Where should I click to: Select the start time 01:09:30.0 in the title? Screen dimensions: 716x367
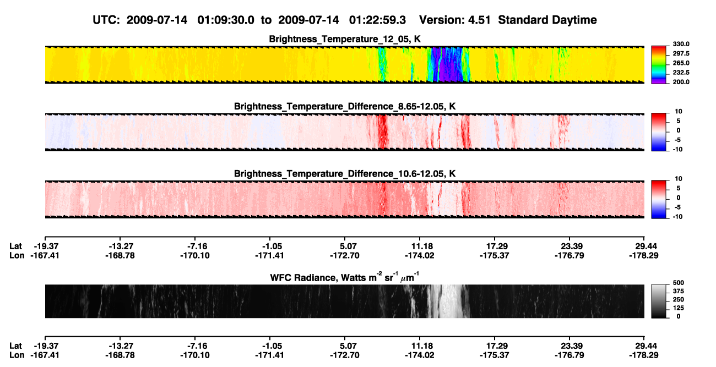(226, 20)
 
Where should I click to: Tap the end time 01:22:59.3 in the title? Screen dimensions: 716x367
(377, 20)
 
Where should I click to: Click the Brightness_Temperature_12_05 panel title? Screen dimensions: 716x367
(345, 39)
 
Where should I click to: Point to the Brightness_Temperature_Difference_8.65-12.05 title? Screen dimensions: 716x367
(345, 106)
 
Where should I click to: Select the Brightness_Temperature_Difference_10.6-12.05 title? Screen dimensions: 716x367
(345, 174)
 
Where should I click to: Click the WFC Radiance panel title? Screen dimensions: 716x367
(345, 277)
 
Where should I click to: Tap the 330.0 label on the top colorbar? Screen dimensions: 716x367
(681, 44)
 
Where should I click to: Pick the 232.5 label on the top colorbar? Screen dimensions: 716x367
(681, 73)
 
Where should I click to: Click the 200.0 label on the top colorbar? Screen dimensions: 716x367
(681, 82)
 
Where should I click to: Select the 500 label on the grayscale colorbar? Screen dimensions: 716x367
(679, 283)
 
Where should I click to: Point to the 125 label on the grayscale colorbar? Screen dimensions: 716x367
(679, 308)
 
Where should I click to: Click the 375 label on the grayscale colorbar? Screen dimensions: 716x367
(679, 291)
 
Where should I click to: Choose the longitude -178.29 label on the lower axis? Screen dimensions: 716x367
(644, 355)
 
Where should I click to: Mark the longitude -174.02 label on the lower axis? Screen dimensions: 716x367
(419, 355)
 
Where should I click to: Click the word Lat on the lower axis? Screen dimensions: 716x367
(15, 346)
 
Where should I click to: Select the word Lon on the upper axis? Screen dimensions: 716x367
(17, 255)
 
